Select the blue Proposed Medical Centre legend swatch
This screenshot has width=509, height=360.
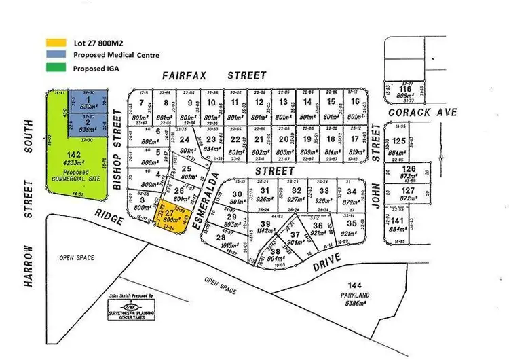pyautogui.click(x=56, y=55)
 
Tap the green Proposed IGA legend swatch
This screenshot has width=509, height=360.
pyautogui.click(x=56, y=67)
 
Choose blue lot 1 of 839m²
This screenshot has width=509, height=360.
pyautogui.click(x=88, y=103)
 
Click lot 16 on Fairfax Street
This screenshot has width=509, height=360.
pyautogui.click(x=354, y=109)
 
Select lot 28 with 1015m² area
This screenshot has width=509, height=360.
pyautogui.click(x=221, y=241)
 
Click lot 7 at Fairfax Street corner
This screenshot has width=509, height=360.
pyautogui.click(x=142, y=109)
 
